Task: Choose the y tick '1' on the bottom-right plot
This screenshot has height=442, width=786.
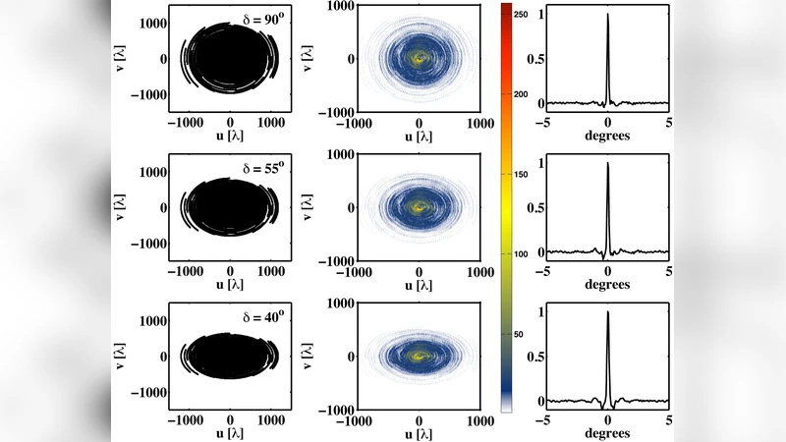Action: click(x=538, y=312)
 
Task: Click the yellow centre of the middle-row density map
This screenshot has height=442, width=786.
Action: click(x=421, y=207)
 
